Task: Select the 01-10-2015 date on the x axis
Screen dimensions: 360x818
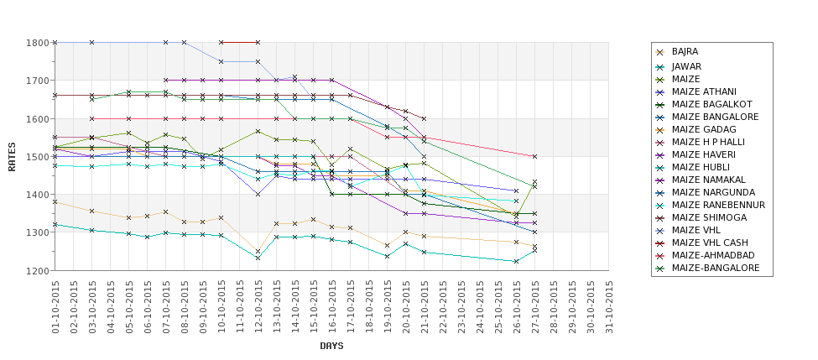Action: tap(55, 307)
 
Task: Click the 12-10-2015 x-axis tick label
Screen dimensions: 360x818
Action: tap(258, 307)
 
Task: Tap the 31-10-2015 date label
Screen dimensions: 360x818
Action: tap(609, 307)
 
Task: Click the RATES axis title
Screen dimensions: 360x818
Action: tap(12, 156)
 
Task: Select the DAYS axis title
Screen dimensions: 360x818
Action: tap(331, 346)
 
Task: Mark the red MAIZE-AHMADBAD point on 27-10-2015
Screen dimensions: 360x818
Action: tap(534, 156)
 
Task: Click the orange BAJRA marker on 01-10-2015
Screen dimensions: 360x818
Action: tap(55, 202)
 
